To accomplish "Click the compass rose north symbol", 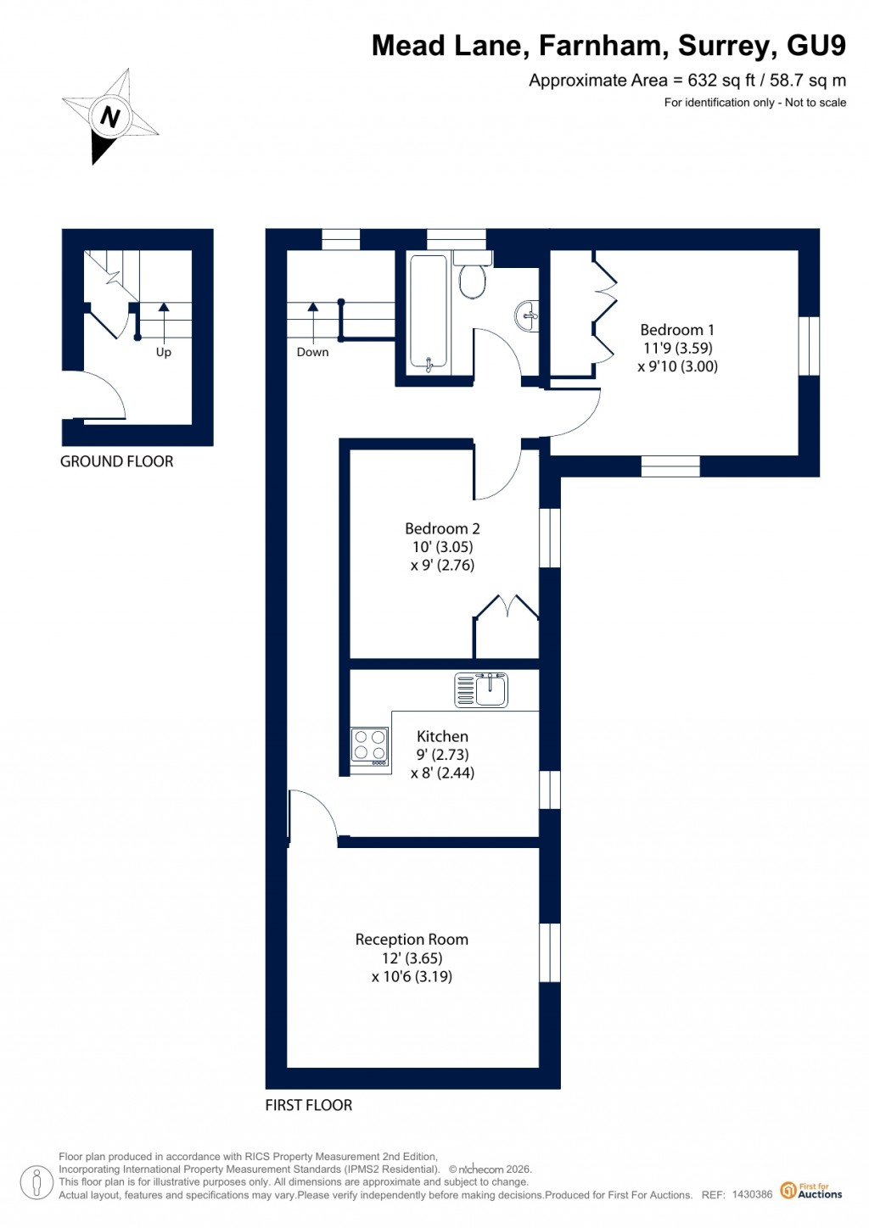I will point(109,116).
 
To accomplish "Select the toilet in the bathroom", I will point(473,276).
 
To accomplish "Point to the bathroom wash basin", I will point(527,315).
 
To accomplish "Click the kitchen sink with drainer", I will point(481,689).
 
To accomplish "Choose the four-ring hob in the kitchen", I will point(370,746).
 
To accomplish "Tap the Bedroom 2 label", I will point(442,528).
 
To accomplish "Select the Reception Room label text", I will point(412,939).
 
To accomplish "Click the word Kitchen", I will point(442,736).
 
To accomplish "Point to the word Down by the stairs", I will point(312,352).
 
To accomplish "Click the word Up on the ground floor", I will point(163,352).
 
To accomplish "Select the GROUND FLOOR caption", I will point(116,461).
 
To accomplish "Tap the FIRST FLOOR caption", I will point(308,1105).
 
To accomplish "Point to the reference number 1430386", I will point(752,1195).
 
